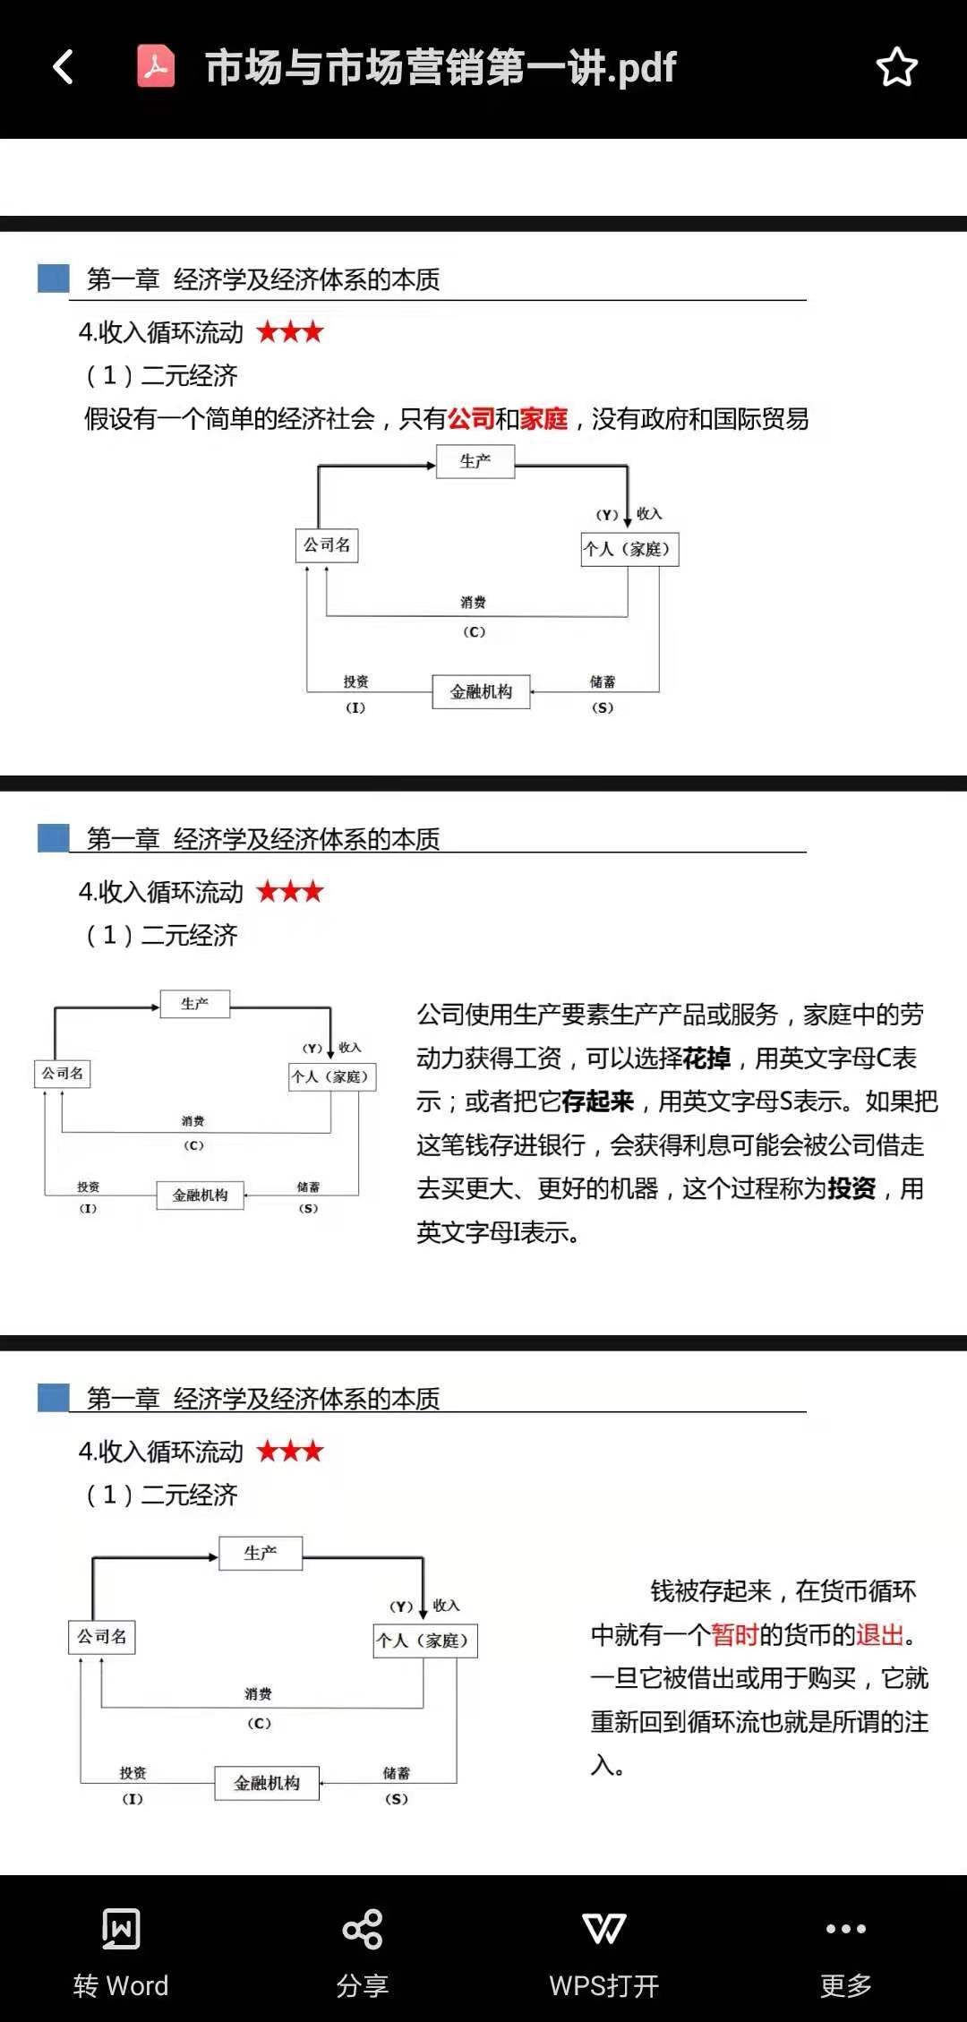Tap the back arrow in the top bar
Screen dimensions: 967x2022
pos(63,67)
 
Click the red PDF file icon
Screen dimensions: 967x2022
pos(156,66)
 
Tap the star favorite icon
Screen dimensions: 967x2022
pos(896,67)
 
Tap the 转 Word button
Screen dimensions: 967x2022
pos(121,1953)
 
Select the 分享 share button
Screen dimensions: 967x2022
pos(363,1953)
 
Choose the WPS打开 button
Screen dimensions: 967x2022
pos(604,1953)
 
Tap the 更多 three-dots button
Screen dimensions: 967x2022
pos(846,1953)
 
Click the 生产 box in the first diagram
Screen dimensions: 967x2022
pos(475,461)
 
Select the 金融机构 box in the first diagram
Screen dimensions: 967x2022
pos(482,691)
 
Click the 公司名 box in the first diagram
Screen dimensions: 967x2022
pos(327,544)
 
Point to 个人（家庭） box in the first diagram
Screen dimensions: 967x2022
pos(629,549)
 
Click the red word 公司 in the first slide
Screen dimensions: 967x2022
pos(471,418)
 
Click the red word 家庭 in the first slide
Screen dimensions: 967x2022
pos(543,418)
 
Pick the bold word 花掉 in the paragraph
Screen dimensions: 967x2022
pos(706,1058)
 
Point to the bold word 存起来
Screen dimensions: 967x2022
pos(597,1101)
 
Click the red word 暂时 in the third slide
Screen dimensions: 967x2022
pos(735,1634)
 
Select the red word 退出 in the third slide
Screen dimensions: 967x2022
pos(880,1634)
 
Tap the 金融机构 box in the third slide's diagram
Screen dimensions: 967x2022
pos(267,1783)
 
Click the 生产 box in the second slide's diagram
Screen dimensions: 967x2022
pos(195,1004)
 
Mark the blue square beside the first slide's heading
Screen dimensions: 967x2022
pos(54,278)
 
